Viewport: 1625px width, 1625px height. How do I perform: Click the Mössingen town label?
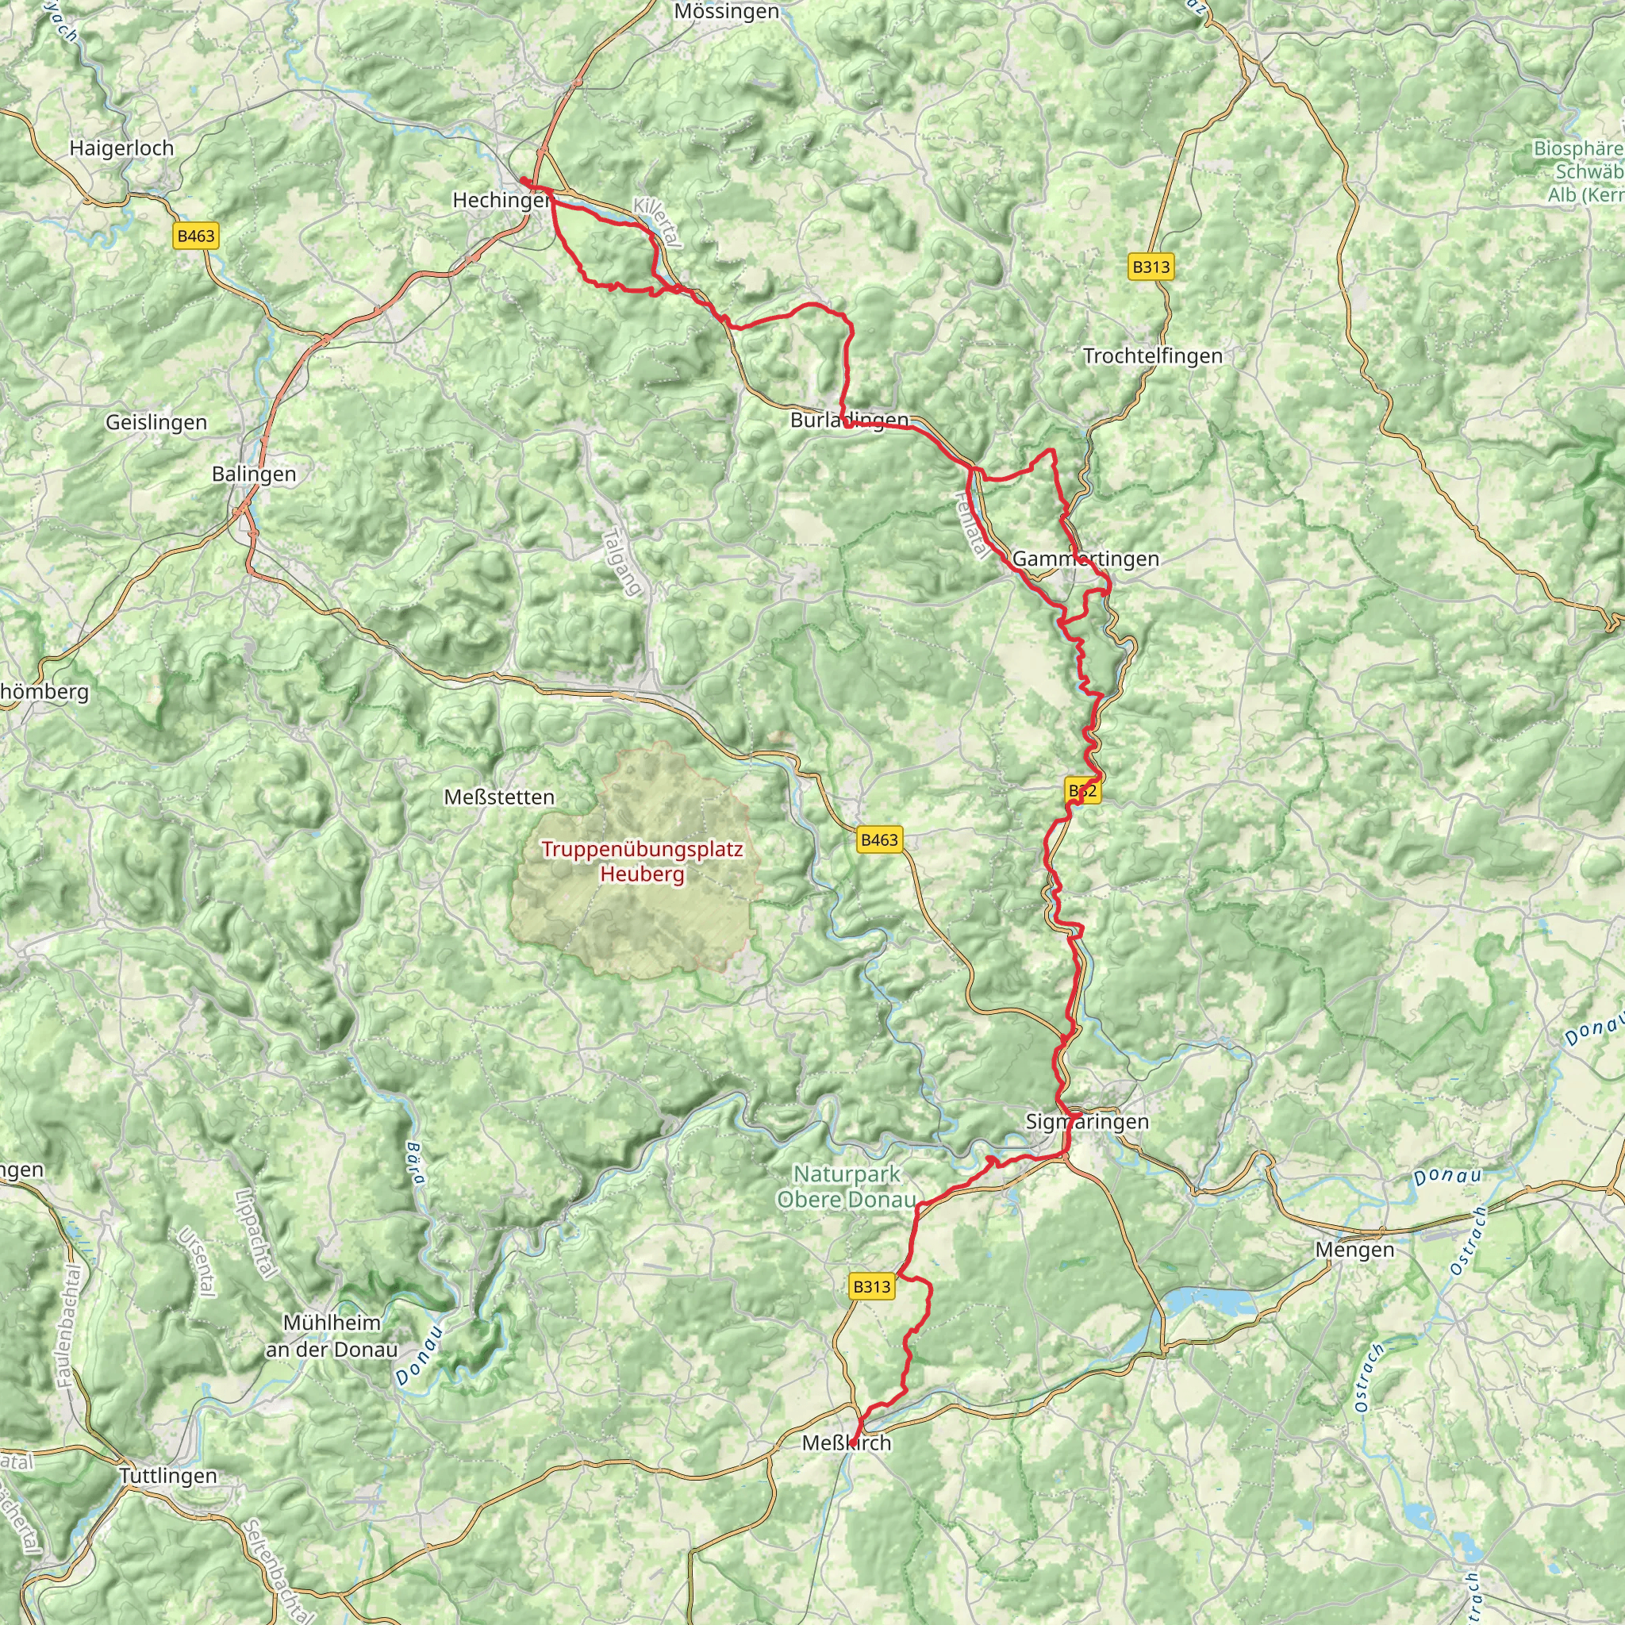click(727, 13)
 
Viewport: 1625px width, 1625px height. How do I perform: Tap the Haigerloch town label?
click(122, 148)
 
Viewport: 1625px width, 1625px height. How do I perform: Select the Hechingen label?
click(501, 200)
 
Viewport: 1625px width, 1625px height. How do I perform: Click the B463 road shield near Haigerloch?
click(196, 236)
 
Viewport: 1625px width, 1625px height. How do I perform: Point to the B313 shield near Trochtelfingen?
click(1150, 267)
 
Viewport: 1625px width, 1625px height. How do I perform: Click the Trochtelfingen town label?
click(1152, 355)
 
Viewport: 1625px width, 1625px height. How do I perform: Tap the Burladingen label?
click(850, 420)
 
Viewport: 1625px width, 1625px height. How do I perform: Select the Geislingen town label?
click(156, 422)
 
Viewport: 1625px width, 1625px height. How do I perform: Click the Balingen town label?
click(254, 474)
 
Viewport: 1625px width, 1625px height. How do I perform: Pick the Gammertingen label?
click(1085, 559)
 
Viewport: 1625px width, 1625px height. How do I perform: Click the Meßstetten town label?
click(500, 797)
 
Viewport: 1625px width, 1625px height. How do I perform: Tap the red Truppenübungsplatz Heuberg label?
click(643, 861)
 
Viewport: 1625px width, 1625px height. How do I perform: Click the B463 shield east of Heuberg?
click(879, 839)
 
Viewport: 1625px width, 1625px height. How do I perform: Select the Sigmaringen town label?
click(1087, 1121)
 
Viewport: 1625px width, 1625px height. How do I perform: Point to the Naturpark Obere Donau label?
click(845, 1187)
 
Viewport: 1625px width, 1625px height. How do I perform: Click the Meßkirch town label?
click(846, 1443)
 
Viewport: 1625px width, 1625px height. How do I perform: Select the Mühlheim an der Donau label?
click(332, 1335)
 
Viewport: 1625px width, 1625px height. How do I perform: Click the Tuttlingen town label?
click(168, 1476)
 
